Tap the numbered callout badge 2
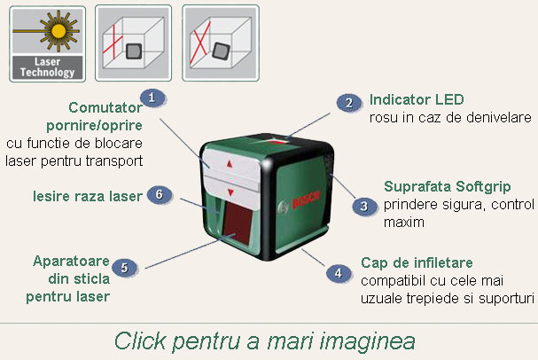[348, 103]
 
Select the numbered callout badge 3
[362, 206]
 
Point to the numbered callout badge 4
[338, 273]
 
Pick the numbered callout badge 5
[125, 267]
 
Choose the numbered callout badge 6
[158, 194]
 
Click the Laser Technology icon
[48, 43]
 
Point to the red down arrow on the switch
[230, 192]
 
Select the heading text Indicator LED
[417, 98]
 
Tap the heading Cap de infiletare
[417, 263]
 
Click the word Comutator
[105, 107]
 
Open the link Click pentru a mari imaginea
[264, 340]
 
